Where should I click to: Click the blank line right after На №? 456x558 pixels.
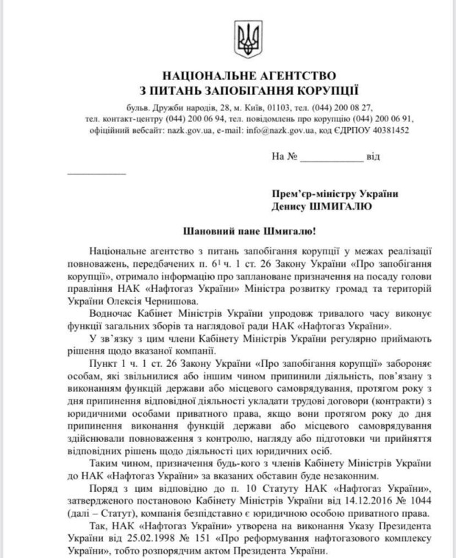(332, 157)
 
